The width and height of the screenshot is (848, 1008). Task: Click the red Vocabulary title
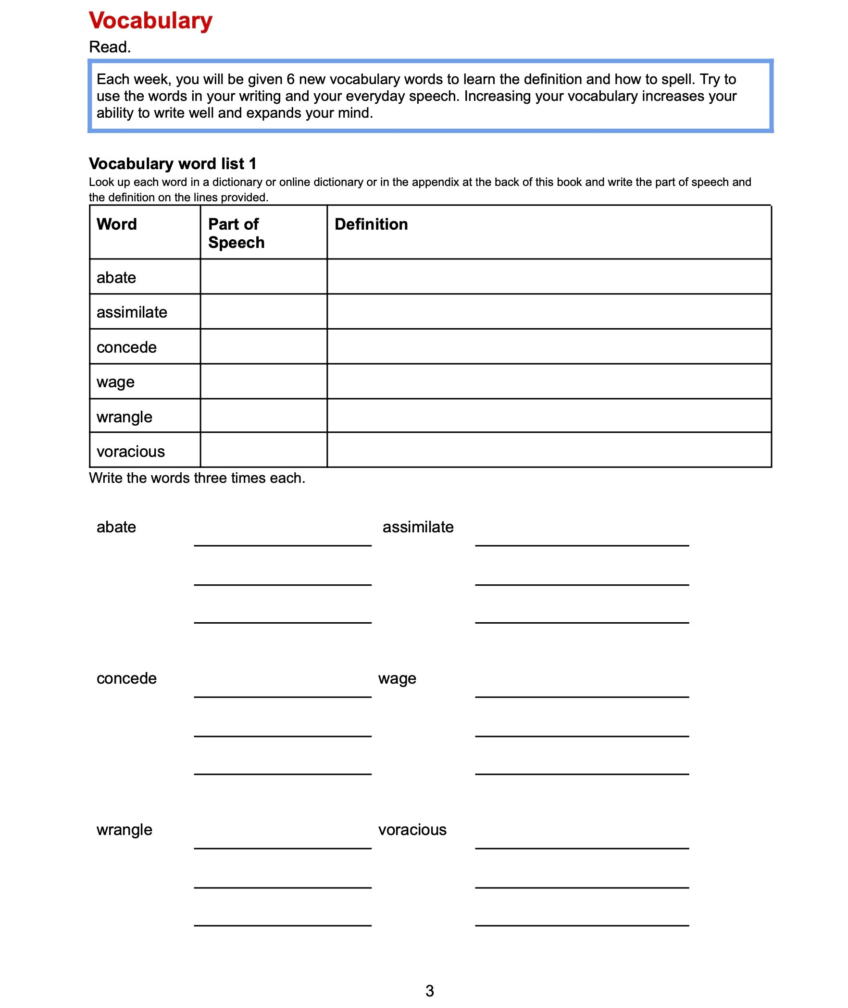150,21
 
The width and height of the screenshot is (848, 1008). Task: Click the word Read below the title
110,47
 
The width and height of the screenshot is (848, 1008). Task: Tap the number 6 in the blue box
290,79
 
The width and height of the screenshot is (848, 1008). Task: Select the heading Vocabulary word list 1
173,164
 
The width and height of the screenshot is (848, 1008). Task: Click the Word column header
117,224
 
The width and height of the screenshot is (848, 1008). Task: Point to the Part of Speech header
236,234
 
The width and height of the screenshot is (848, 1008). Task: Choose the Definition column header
371,224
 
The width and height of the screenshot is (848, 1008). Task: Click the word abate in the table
116,278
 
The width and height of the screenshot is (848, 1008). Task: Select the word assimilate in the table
132,312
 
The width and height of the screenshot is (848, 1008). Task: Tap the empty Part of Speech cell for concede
263,346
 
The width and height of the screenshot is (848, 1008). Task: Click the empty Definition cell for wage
549,381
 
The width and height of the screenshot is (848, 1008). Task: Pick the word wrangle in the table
125,417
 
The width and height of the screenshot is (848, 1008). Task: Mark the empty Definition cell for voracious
549,450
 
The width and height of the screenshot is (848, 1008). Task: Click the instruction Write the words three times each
197,478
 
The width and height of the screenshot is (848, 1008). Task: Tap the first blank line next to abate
283,543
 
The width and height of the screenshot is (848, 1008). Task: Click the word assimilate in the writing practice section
418,527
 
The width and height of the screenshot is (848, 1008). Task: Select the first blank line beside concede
283,694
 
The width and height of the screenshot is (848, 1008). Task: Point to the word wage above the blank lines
397,679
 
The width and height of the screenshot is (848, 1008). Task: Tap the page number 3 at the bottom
430,991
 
